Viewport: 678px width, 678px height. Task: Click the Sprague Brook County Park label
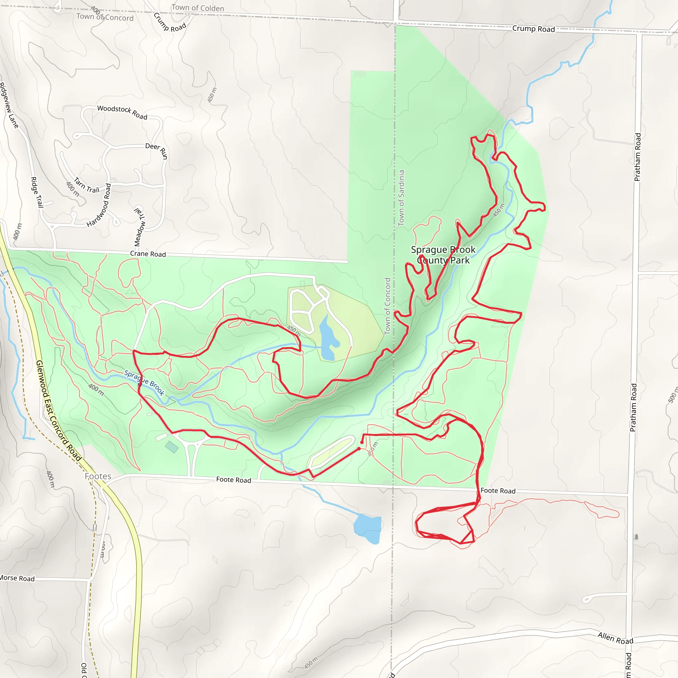tap(443, 255)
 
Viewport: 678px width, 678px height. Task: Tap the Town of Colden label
tap(198, 8)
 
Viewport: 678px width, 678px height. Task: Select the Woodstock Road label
tap(122, 112)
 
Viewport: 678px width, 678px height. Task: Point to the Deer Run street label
tap(157, 150)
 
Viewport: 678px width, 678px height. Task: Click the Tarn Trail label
tap(87, 186)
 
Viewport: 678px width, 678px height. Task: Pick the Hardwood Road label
tap(99, 205)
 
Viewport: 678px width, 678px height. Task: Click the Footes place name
tap(98, 476)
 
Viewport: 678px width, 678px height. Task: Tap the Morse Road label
tap(17, 578)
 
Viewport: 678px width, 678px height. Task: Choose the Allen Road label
tap(615, 638)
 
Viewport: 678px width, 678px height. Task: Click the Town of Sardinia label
tap(401, 198)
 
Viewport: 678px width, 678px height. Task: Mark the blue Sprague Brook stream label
tap(144, 383)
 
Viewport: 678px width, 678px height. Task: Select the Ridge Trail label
tap(36, 192)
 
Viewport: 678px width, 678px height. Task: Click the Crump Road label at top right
tap(533, 29)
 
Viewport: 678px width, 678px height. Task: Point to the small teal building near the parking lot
tap(171, 447)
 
